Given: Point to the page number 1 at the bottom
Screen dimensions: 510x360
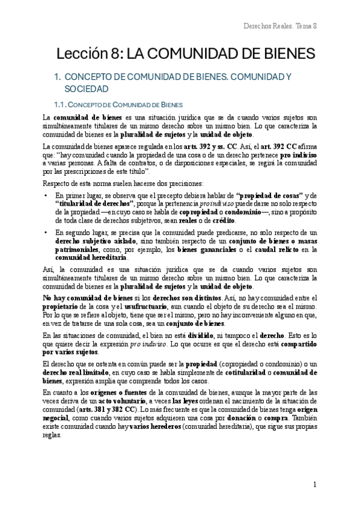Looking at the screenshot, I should coord(315,484).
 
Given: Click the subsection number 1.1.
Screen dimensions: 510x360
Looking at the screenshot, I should coord(62,105).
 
